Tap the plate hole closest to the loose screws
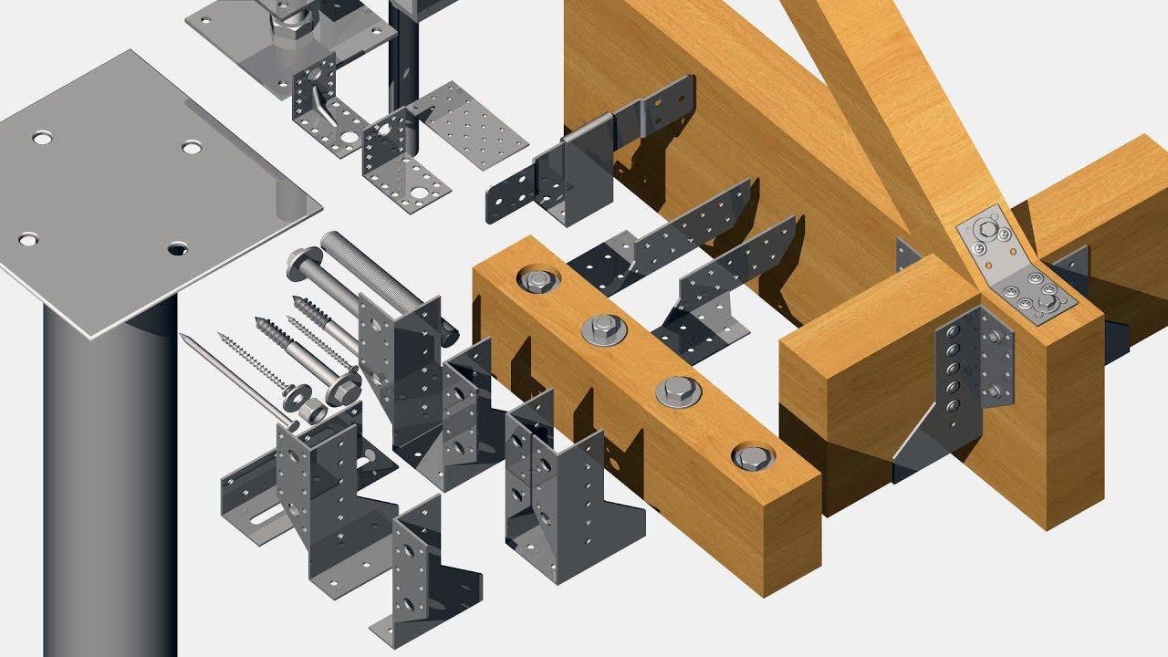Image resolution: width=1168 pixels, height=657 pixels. point(177,247)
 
